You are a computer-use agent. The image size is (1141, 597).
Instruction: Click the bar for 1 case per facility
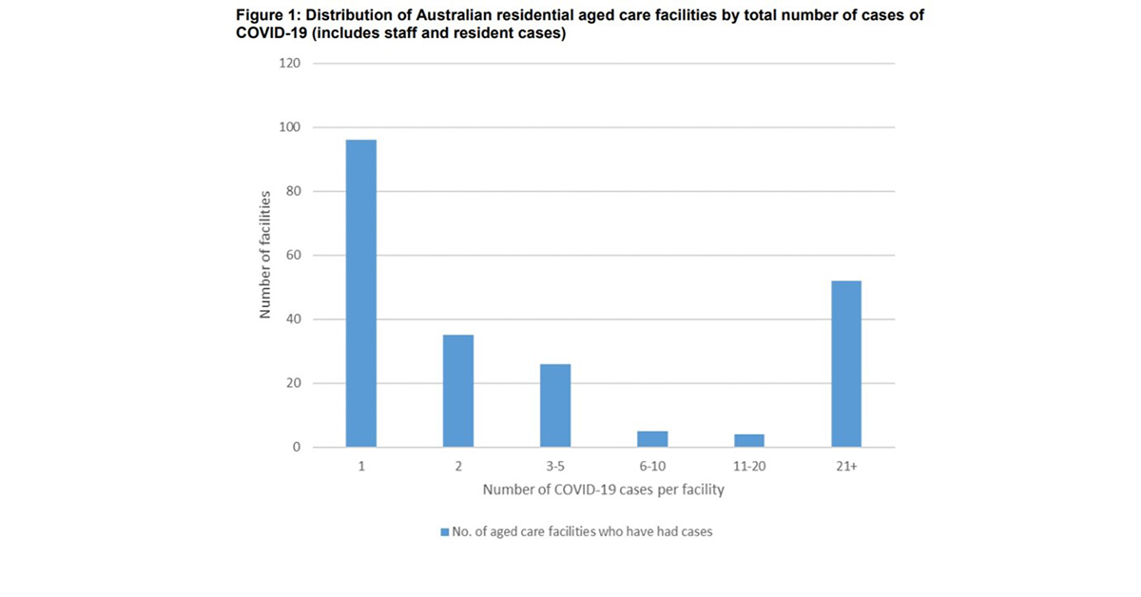[x=361, y=294]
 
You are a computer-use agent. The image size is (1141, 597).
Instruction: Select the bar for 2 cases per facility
[x=458, y=391]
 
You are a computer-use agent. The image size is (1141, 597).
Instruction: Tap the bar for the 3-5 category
[x=555, y=405]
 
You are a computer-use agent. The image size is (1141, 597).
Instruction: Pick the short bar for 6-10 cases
[x=652, y=439]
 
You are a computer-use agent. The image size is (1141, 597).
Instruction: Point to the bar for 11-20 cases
[x=749, y=441]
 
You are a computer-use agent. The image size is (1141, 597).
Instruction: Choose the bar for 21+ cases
[x=846, y=364]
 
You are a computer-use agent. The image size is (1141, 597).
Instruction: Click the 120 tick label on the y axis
[x=289, y=64]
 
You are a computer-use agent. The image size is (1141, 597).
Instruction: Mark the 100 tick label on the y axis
[x=289, y=127]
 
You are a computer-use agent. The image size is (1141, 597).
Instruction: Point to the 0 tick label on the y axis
[x=296, y=448]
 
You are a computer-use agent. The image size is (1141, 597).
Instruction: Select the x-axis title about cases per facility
[x=603, y=491]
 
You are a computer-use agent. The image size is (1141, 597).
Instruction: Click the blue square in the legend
[x=443, y=532]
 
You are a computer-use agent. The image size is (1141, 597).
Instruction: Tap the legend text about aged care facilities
[x=582, y=532]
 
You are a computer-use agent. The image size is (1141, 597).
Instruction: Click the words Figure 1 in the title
[x=267, y=16]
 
